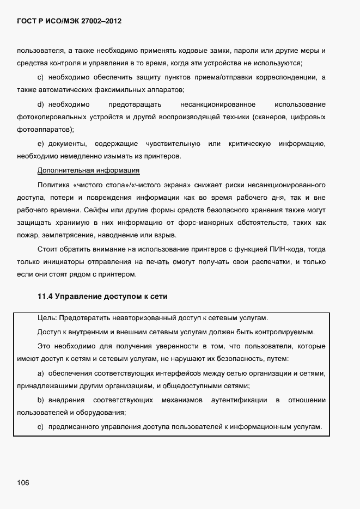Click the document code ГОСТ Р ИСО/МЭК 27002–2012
[69, 22]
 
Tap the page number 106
[23, 483]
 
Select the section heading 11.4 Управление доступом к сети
[102, 297]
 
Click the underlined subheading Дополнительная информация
[89, 170]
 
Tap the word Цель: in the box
[47, 318]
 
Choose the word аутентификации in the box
[243, 400]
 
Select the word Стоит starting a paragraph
[47, 249]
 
